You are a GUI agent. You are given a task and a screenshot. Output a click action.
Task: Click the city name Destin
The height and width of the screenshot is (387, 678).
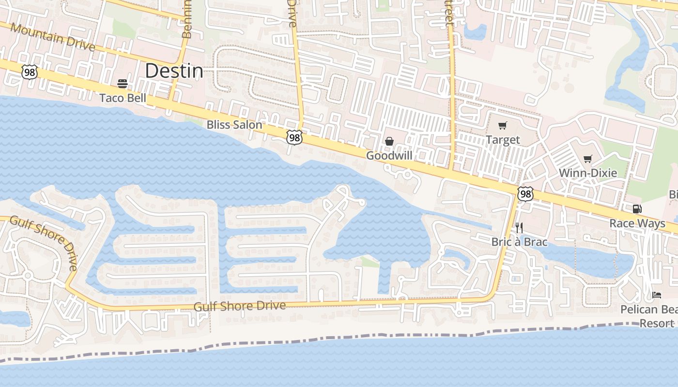(x=174, y=71)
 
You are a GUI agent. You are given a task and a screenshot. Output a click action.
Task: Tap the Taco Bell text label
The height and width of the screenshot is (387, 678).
(x=123, y=98)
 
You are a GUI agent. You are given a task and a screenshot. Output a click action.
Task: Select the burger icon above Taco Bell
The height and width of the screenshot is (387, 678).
(x=123, y=84)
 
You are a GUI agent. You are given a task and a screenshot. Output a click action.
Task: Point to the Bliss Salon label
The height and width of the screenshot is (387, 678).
(x=234, y=124)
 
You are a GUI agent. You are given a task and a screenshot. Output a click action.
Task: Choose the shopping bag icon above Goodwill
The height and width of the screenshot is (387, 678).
(x=389, y=141)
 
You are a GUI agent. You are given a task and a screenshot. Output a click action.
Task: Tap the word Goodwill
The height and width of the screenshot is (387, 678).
(x=389, y=155)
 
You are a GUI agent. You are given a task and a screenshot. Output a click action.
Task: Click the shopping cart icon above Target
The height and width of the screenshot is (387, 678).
(x=502, y=126)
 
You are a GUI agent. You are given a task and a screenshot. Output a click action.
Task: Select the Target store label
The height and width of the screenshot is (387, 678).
(x=503, y=140)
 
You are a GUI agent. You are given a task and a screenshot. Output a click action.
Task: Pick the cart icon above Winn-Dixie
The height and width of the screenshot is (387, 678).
(x=588, y=159)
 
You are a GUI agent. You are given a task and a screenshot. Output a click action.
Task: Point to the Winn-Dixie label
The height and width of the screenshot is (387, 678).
(x=588, y=173)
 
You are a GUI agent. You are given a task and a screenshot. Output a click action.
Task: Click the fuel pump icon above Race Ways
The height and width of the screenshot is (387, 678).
(x=637, y=209)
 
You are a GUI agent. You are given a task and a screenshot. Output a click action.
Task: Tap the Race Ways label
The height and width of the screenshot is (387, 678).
(x=637, y=223)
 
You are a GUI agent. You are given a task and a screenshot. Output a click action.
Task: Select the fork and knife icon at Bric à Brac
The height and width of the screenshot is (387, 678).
(x=519, y=227)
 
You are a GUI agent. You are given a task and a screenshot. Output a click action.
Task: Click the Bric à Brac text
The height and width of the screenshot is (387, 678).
(x=519, y=241)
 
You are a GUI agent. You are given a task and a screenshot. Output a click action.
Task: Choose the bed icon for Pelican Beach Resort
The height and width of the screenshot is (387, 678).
(x=657, y=295)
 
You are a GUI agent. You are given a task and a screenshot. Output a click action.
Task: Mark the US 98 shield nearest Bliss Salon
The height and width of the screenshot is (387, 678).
(x=294, y=137)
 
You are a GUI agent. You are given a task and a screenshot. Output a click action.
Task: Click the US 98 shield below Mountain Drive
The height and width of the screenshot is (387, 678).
(x=30, y=72)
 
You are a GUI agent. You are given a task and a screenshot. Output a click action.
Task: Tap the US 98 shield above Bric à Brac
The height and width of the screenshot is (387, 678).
(x=525, y=193)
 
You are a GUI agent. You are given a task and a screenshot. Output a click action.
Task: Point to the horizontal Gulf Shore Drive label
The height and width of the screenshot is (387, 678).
(x=239, y=306)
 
